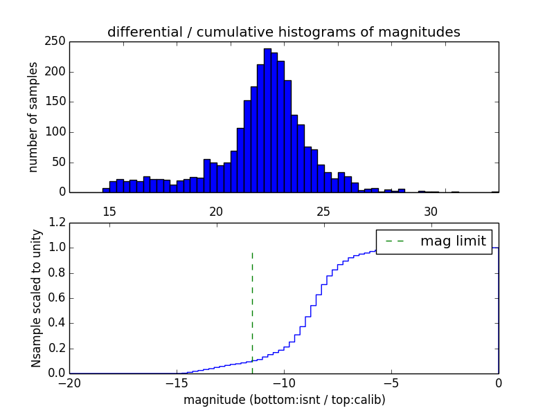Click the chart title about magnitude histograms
[x=283, y=32]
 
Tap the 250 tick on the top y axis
[x=57, y=41]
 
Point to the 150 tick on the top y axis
[x=57, y=102]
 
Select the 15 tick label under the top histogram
[x=109, y=211]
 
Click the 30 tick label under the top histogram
[x=431, y=211]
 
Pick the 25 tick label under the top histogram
[x=323, y=211]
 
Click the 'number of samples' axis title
[x=33, y=117]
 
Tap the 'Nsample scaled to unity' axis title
[x=36, y=298]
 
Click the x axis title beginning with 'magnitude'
[x=284, y=400]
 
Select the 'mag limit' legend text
[x=453, y=241]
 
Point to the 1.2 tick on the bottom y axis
[x=57, y=223]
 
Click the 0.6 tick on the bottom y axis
[x=57, y=298]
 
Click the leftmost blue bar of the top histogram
[x=106, y=190]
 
